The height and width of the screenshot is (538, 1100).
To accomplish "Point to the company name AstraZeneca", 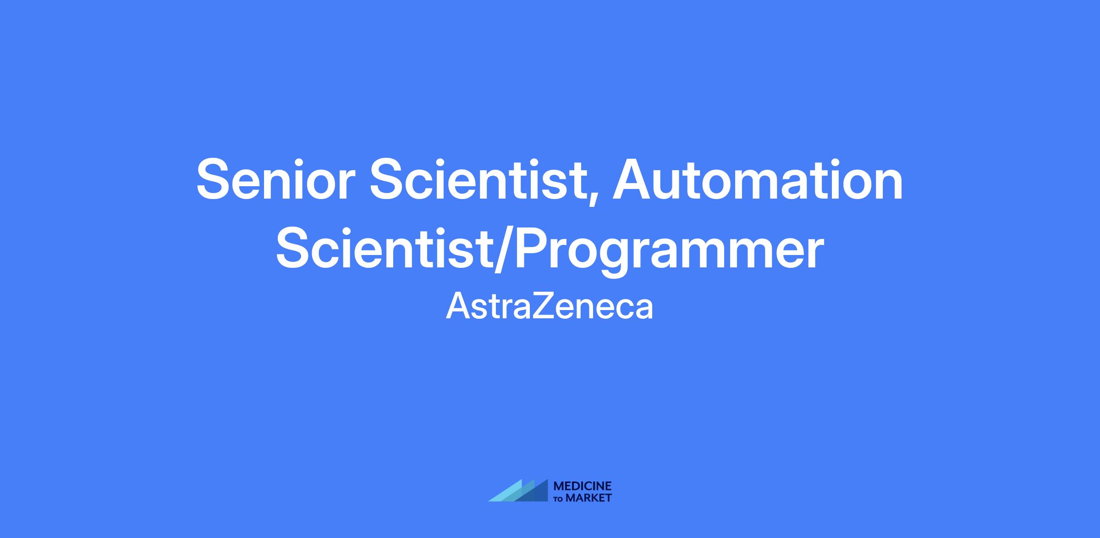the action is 550,306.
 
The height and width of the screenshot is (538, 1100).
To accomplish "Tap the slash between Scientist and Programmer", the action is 503,251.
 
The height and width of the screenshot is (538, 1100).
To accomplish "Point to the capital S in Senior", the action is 215,179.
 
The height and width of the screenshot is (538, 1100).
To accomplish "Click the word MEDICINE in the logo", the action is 583,486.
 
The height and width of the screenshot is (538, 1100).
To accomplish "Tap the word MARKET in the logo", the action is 589,498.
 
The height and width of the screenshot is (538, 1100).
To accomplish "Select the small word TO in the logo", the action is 559,499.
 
